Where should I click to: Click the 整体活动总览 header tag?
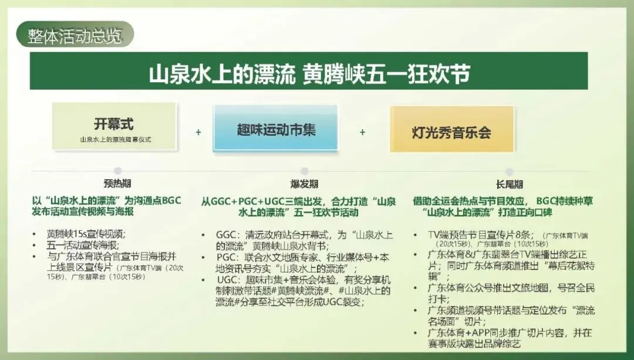tap(75, 36)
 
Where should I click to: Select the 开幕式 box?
tap(114, 126)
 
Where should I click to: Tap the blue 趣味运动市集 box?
tap(275, 129)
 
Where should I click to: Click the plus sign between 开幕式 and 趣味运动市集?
tap(198, 132)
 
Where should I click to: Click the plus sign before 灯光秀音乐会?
tap(362, 132)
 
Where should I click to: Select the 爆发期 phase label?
tap(305, 184)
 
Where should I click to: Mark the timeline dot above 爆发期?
tap(305, 171)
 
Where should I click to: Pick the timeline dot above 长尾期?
tap(493, 171)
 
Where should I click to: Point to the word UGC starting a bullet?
tap(227, 280)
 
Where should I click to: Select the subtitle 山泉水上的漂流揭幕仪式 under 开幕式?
tap(114, 140)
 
